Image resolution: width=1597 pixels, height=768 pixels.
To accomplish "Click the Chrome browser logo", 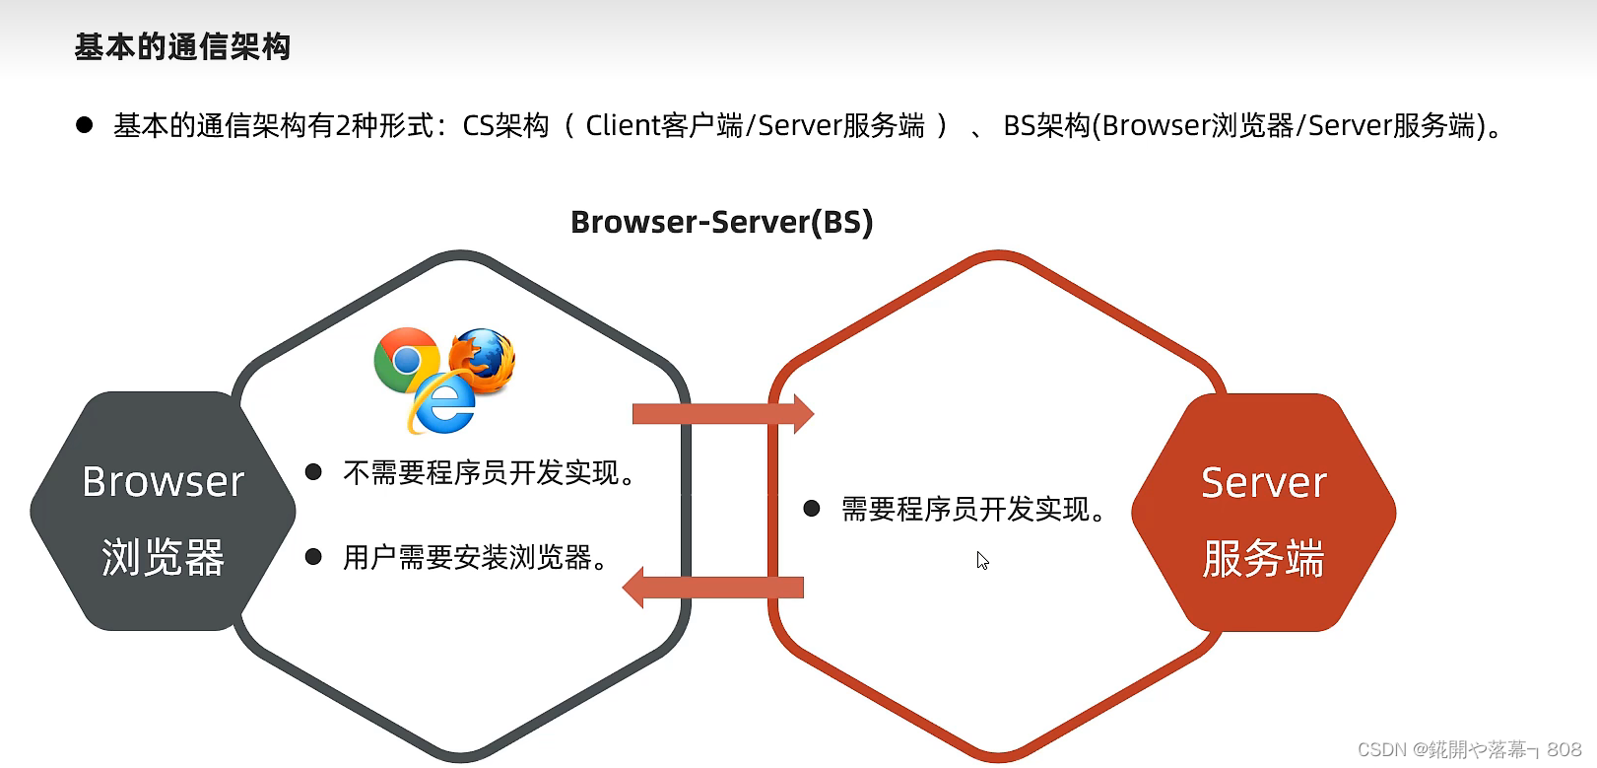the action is click(x=406, y=360).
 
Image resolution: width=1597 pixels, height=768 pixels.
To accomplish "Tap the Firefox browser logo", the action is click(x=483, y=359).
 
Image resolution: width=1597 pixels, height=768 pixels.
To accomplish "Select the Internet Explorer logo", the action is click(x=443, y=405).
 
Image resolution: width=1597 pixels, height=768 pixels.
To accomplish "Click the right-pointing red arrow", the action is click(x=722, y=414).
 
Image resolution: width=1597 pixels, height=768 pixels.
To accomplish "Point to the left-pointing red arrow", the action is click(x=713, y=588).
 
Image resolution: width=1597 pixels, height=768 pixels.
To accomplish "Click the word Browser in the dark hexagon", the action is click(x=163, y=482).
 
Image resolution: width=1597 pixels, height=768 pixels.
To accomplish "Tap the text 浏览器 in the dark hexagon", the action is click(x=163, y=557).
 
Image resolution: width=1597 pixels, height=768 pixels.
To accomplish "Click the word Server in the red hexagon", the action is click(x=1264, y=483).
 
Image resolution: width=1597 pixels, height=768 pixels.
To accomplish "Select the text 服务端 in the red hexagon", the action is click(x=1263, y=558).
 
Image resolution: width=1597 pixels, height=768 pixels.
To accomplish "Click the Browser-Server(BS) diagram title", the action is click(x=721, y=222).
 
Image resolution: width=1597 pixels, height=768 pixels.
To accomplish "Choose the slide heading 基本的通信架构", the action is click(x=182, y=46).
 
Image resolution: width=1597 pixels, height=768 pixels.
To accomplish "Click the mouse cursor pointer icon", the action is click(x=982, y=560).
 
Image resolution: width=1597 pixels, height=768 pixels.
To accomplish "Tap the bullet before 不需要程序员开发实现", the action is click(x=314, y=472).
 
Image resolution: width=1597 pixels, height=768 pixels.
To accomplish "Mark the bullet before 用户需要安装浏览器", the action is click(x=314, y=557).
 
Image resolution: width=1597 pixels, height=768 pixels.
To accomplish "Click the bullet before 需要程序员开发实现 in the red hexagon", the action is click(x=812, y=509).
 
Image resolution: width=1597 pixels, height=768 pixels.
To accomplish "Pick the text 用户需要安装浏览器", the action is click(x=474, y=558).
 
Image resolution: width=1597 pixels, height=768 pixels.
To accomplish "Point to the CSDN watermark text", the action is click(x=1468, y=749).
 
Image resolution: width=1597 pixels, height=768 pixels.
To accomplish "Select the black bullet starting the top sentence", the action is click(x=85, y=125).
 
